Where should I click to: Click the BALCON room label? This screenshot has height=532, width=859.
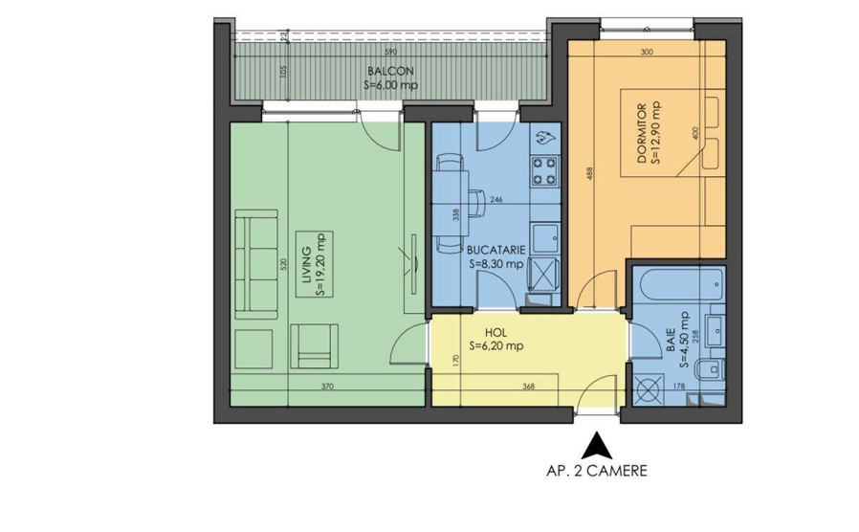coord(391,71)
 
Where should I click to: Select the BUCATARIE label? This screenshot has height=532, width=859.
coord(496,247)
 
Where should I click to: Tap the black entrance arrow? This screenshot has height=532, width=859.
coord(598,446)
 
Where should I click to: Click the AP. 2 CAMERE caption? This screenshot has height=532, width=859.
coord(597,471)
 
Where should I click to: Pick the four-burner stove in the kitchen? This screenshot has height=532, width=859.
coord(545,169)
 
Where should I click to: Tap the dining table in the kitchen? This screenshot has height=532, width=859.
coord(449,200)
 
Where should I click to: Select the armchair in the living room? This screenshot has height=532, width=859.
coord(314,345)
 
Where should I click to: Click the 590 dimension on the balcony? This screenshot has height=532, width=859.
coord(390,52)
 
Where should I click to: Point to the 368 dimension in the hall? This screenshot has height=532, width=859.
coord(528,388)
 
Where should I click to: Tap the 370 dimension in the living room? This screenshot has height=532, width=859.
coord(326,388)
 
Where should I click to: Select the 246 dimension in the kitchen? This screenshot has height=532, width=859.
coord(496,200)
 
